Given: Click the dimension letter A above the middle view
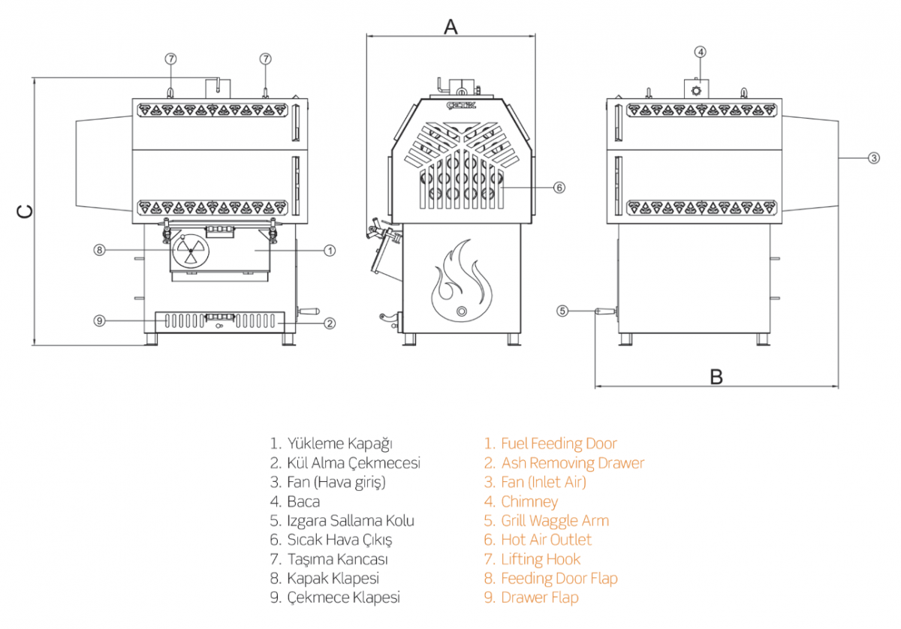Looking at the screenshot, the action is (450, 27).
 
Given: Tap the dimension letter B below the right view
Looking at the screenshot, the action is (716, 377).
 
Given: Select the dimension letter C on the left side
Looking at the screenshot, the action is (25, 212).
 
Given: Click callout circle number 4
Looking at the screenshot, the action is (701, 52).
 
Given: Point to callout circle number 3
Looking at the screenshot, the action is (873, 158).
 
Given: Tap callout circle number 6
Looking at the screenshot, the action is (559, 188).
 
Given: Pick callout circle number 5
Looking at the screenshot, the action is (562, 311).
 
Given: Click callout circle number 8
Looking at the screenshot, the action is (99, 250).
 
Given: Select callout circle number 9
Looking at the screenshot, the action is (99, 321).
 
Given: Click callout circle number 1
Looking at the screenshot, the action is (330, 251).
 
